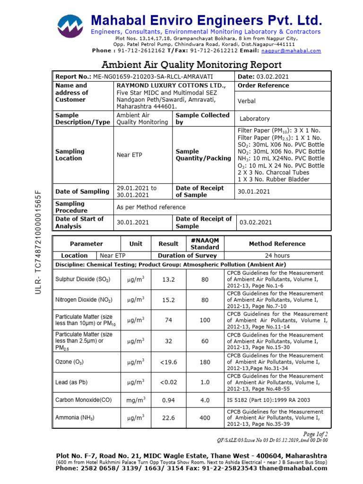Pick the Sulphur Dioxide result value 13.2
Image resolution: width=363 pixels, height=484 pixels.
coord(168,280)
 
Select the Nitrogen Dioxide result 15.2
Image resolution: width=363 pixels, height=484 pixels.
coord(168,300)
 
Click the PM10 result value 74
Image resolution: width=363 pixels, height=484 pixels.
coord(168,320)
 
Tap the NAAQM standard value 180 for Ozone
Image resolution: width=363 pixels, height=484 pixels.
coord(205,362)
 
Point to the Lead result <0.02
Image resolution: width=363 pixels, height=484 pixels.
coord(168,382)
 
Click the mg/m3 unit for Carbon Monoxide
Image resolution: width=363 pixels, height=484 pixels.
coord(136,400)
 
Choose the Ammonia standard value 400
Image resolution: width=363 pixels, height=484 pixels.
coord(205,418)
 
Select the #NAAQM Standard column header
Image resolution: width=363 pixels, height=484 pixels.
coord(205,244)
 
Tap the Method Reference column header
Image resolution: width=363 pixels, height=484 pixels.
coord(277,244)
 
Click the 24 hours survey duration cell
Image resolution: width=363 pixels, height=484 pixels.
coord(277,256)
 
